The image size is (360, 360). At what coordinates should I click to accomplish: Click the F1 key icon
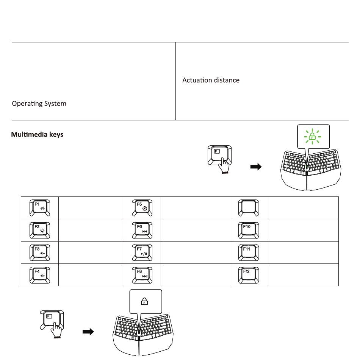(40, 208)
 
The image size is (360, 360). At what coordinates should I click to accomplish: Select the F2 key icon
(40, 230)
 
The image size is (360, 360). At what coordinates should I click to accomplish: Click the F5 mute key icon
(142, 208)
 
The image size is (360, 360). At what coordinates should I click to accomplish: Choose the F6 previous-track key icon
(142, 230)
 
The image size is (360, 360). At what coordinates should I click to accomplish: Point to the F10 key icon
(248, 230)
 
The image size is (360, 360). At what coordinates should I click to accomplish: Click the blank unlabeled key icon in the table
(248, 208)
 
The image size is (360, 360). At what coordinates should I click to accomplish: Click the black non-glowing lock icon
(144, 301)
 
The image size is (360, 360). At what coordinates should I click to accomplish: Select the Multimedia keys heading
(37, 134)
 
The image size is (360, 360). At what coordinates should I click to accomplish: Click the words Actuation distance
(211, 80)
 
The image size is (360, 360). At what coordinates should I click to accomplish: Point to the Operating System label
(39, 103)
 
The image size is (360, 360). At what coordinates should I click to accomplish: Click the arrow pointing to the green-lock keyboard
(256, 167)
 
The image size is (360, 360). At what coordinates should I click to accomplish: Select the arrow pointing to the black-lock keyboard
(88, 332)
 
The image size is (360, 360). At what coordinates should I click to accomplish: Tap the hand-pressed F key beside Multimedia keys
(219, 157)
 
